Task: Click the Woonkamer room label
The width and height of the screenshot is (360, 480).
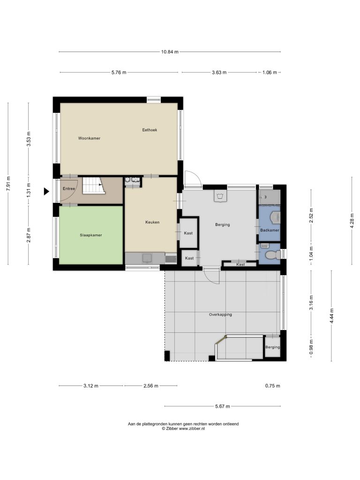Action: click(x=89, y=138)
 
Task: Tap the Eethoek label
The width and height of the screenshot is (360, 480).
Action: click(x=150, y=130)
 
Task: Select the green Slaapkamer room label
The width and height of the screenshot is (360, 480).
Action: click(x=90, y=235)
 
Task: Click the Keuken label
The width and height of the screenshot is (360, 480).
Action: click(x=152, y=223)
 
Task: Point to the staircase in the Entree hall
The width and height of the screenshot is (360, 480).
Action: click(x=94, y=185)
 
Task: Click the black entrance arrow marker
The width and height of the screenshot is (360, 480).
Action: click(x=46, y=192)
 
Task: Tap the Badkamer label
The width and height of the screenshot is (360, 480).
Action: click(x=270, y=230)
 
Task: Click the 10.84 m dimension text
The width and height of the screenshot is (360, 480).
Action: click(x=170, y=52)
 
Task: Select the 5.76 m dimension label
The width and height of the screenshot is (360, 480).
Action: click(x=119, y=73)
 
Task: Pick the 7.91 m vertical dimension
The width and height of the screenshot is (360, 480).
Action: click(x=8, y=184)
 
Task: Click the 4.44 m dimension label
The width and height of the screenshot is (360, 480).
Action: click(x=331, y=316)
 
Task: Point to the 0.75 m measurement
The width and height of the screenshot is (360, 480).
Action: click(x=272, y=386)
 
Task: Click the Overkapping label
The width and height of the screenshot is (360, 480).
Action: click(x=220, y=315)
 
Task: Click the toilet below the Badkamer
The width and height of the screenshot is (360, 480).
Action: click(x=272, y=255)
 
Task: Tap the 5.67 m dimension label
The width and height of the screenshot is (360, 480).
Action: click(x=223, y=406)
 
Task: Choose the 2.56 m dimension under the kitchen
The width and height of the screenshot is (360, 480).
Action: click(x=151, y=386)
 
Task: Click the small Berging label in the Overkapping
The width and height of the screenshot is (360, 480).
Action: click(x=272, y=347)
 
